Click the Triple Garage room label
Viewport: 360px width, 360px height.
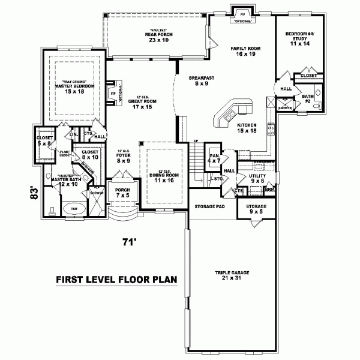[232, 275]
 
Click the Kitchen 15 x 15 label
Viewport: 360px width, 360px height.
[246, 128]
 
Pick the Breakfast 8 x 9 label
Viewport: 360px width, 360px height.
[197, 82]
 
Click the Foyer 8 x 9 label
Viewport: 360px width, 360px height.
[123, 158]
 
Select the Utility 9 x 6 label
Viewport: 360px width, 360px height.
[257, 178]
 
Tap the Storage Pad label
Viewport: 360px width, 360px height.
[209, 207]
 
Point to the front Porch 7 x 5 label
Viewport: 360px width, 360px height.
[122, 193]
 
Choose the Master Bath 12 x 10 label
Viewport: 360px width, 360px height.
[64, 181]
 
